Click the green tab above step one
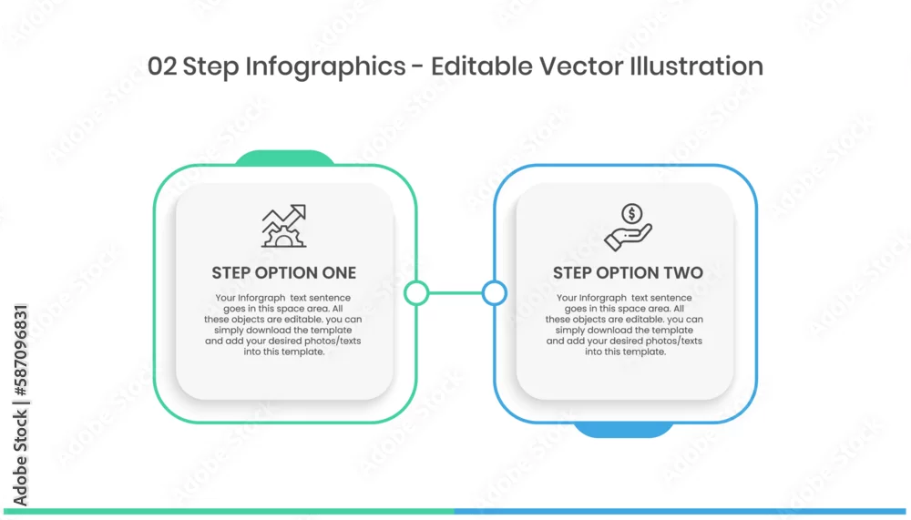284,158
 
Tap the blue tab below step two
625,430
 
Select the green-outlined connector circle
416,293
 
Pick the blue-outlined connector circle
495,293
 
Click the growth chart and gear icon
283,226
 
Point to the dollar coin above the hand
631,213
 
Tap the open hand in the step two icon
628,239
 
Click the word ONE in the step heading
336,272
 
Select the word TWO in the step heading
681,272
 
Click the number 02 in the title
161,66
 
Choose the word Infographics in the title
325,67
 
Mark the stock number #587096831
20,349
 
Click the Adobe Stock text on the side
20,457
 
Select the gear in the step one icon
283,238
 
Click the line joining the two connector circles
455,293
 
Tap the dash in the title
418,67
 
